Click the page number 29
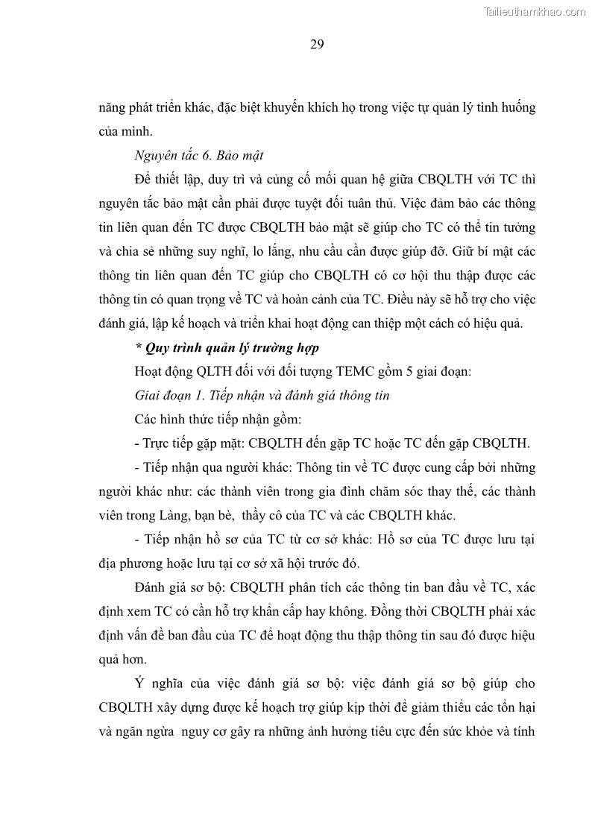tap(316, 45)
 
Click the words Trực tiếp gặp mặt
tap(189, 443)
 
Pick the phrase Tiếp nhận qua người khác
tap(211, 468)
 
